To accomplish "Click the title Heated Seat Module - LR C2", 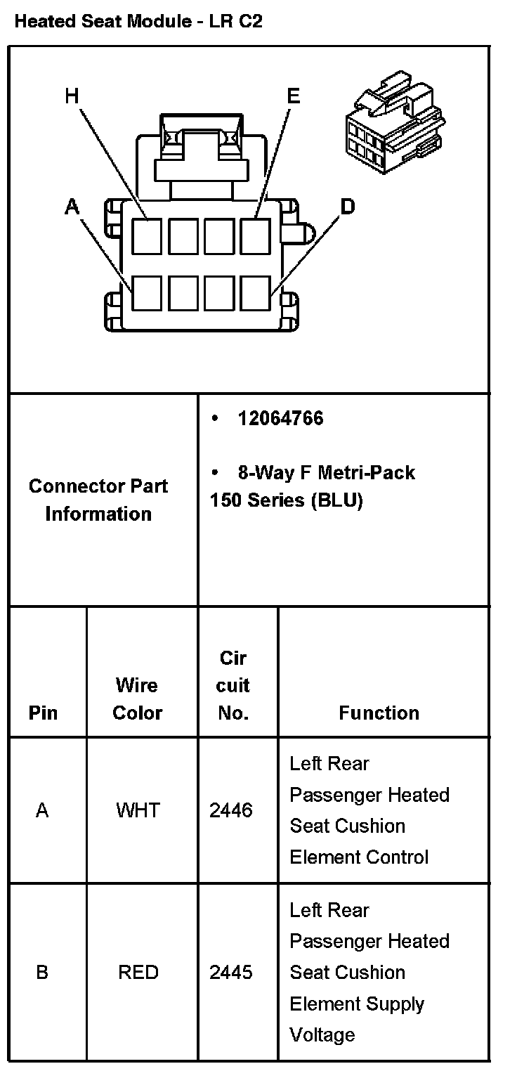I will pyautogui.click(x=138, y=21).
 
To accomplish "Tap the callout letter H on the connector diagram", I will pyautogui.click(x=72, y=96).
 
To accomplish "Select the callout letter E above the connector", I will pyautogui.click(x=293, y=96).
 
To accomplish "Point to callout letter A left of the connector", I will pyautogui.click(x=72, y=207).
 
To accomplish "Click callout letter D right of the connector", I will pyautogui.click(x=347, y=207).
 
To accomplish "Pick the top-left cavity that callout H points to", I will pyautogui.click(x=147, y=235).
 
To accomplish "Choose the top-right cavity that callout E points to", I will pyautogui.click(x=255, y=235).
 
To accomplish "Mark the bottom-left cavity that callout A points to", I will pyautogui.click(x=147, y=293).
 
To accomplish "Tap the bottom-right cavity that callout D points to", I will pyautogui.click(x=255, y=293).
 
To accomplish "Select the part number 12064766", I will pyautogui.click(x=280, y=419).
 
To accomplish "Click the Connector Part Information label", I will pyautogui.click(x=98, y=500).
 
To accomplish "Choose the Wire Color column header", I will pyautogui.click(x=137, y=699).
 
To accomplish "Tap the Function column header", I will pyautogui.click(x=379, y=713).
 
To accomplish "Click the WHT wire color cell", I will pyautogui.click(x=138, y=810).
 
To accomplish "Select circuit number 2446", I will pyautogui.click(x=231, y=810).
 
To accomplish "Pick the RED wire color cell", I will pyautogui.click(x=138, y=973).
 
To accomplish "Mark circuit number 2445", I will pyautogui.click(x=231, y=973).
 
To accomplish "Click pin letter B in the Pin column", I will pyautogui.click(x=42, y=973).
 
